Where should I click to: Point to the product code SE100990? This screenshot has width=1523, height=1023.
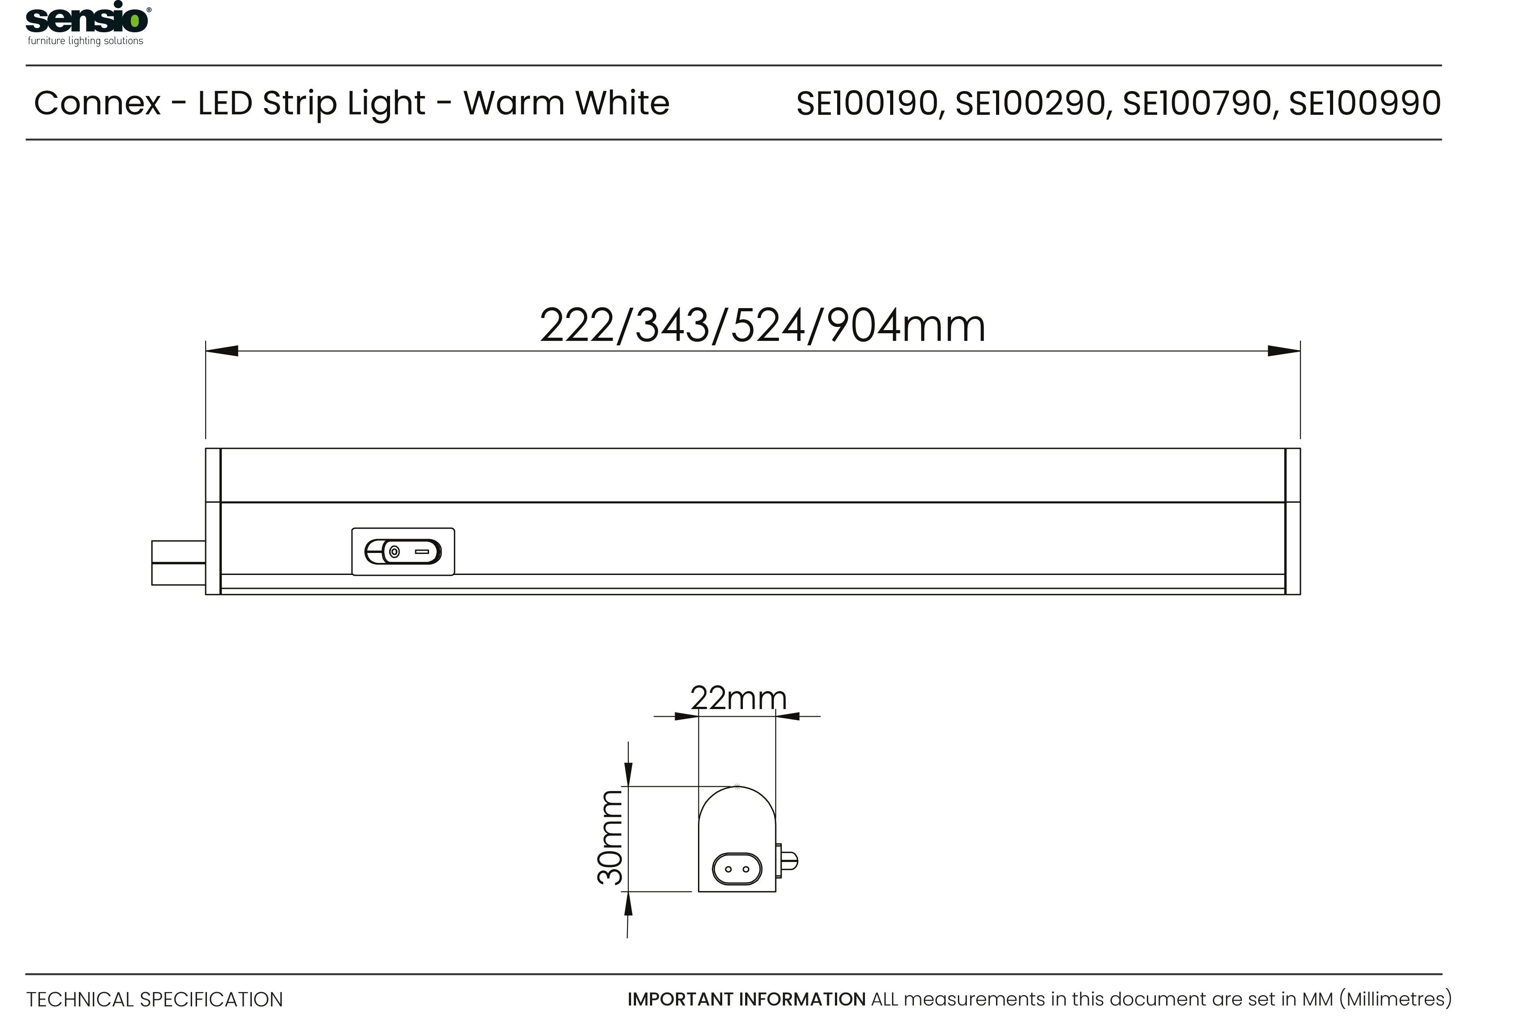pos(1365,103)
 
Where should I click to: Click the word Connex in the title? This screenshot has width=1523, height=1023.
pos(97,103)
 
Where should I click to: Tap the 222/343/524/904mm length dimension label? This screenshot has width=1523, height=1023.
pos(763,326)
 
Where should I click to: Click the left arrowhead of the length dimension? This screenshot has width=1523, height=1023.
pos(222,351)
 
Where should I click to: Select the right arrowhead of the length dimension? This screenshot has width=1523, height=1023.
pos(1283,351)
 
